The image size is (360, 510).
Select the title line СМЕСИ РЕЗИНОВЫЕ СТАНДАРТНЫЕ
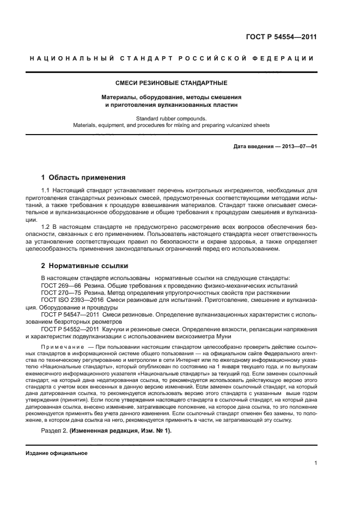pos(171,83)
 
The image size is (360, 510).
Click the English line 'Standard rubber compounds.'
pos(171,118)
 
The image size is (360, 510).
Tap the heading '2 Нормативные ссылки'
pos(84,266)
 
